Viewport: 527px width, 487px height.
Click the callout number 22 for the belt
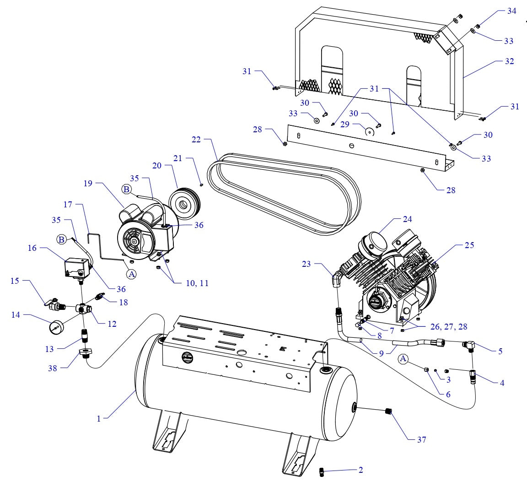[196, 140]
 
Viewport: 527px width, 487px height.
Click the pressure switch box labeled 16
[76, 267]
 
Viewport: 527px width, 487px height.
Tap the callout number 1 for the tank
[98, 418]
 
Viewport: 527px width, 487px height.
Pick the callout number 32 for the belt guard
[509, 61]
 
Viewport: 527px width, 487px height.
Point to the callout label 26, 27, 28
[448, 326]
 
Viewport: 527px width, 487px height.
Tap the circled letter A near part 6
[403, 359]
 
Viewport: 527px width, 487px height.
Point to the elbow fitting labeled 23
[337, 278]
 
